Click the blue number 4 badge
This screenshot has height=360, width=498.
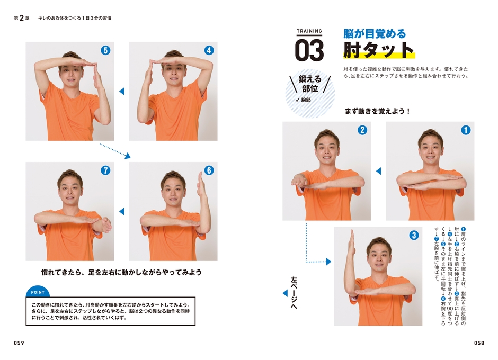click(x=209, y=51)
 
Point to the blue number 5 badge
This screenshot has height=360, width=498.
click(x=105, y=51)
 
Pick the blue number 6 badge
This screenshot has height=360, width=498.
click(x=209, y=170)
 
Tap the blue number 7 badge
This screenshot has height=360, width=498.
click(x=105, y=170)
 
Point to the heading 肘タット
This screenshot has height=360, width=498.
click(x=378, y=50)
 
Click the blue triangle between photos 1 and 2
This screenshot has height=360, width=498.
click(x=378, y=171)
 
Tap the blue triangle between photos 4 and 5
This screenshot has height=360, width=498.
click(x=121, y=91)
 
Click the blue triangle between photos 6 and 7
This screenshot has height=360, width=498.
click(x=121, y=211)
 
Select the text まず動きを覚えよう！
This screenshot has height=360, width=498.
click(x=378, y=111)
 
